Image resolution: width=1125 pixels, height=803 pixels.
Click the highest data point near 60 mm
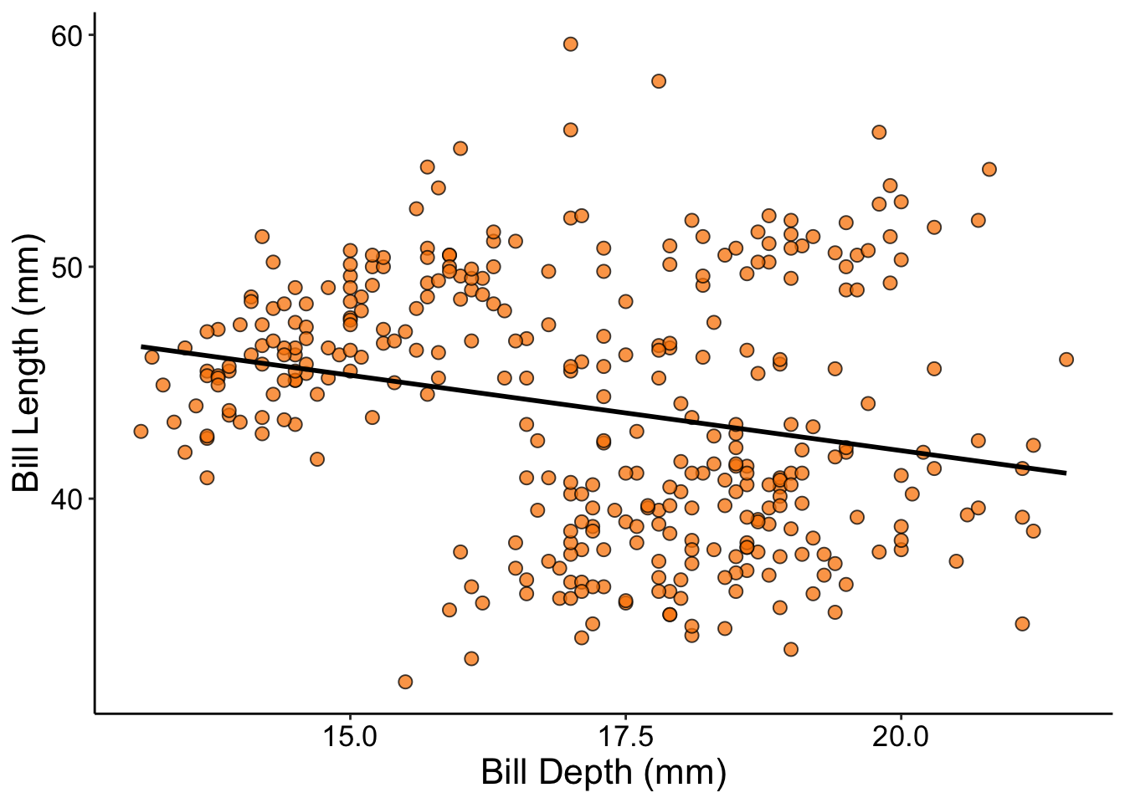(570, 43)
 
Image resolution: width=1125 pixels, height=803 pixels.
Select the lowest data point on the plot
(405, 682)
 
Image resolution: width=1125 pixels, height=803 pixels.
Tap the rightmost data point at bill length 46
(1066, 360)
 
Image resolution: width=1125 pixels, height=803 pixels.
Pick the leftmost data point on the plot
(141, 432)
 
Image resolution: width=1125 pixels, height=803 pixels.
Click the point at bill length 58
(659, 81)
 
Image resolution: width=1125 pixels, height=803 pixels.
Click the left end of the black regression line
(141, 345)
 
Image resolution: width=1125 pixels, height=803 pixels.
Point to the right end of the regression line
(1066, 473)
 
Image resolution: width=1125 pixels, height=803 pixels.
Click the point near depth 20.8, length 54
(989, 169)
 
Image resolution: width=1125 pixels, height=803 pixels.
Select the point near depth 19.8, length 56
(879, 132)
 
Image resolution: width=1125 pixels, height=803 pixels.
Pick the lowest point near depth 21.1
(1022, 624)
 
